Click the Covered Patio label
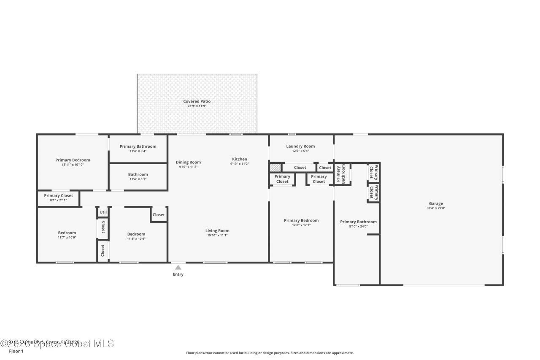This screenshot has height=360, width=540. point(197,101)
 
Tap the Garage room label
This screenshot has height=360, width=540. point(436,203)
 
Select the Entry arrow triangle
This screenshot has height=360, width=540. point(178,267)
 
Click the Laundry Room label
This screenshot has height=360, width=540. point(300,146)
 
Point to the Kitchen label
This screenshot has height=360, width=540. point(239,159)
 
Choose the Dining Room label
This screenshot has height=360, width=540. point(188,162)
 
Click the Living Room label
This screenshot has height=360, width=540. point(217,230)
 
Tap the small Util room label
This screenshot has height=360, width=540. point(103,212)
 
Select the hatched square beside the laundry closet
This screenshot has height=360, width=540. point(275,168)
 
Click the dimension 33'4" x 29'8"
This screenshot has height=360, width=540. point(436,208)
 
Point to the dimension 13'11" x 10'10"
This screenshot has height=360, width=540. point(73,165)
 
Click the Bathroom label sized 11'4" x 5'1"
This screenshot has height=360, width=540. point(138,174)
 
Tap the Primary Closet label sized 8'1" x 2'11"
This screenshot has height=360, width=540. point(58,195)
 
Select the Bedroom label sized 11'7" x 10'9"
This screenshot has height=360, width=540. point(67,233)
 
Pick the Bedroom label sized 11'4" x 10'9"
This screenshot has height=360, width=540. point(136,234)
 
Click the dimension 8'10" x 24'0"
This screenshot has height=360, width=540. point(358,226)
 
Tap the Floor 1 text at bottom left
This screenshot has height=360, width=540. point(16,351)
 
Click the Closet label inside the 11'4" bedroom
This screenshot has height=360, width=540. point(159,215)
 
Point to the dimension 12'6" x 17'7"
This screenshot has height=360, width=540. point(301,225)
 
